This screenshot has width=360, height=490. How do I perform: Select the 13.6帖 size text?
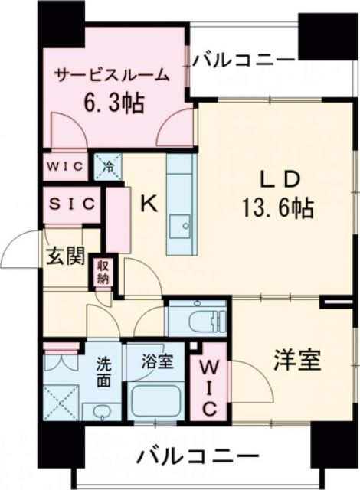pyautogui.click(x=277, y=206)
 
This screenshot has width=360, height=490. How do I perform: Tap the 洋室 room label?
pyautogui.click(x=294, y=358)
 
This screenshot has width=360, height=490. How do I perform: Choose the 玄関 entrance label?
pyautogui.click(x=62, y=256)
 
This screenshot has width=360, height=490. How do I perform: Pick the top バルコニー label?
pyautogui.click(x=244, y=59)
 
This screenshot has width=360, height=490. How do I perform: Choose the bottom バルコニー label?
pyautogui.click(x=187, y=457)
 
